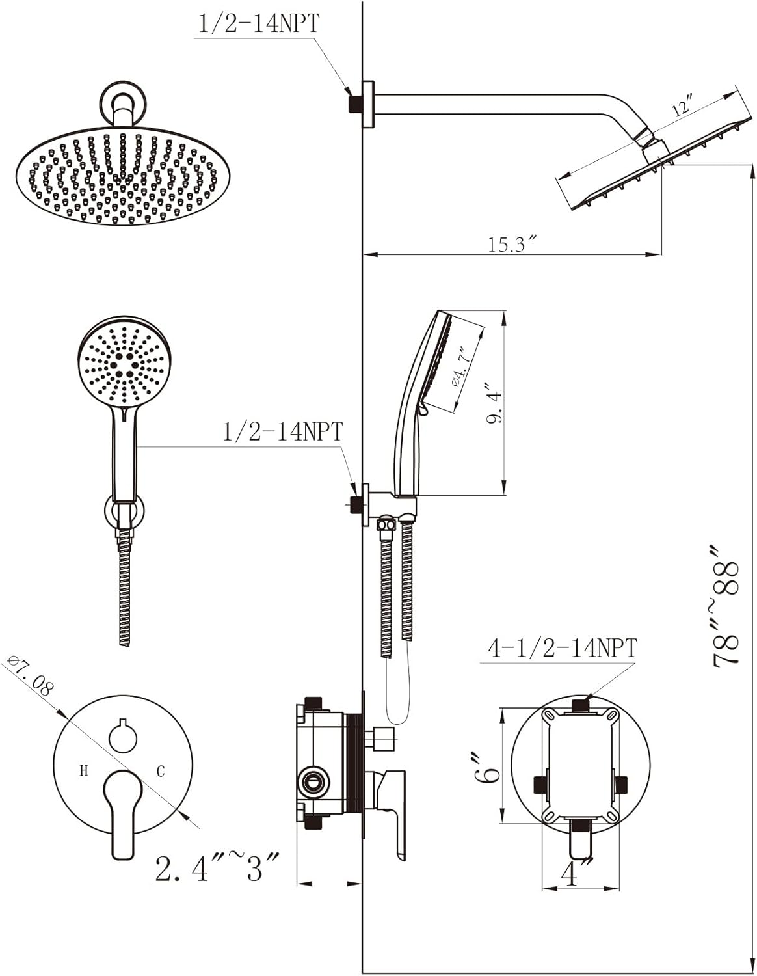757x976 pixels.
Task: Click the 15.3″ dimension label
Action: tap(512, 245)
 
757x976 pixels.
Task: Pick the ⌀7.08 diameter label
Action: tap(31, 677)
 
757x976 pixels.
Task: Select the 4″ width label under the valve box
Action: tap(570, 874)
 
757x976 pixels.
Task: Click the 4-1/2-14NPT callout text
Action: tap(563, 648)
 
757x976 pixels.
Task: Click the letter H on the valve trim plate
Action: tap(83, 771)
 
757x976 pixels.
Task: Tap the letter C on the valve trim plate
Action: tap(161, 771)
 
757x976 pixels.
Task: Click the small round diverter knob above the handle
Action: tap(123, 737)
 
